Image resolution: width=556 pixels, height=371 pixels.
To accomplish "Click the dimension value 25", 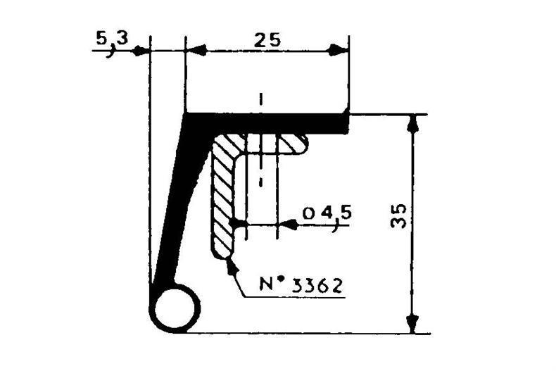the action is (267, 40).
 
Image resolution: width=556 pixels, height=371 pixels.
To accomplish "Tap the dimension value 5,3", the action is (111, 41).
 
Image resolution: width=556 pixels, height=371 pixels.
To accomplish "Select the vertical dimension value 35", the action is (398, 216).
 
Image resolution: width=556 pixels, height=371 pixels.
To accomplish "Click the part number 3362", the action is (317, 286).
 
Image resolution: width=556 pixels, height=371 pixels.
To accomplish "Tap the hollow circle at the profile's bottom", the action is (175, 308).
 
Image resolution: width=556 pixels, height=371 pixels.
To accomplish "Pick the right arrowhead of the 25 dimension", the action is (339, 51).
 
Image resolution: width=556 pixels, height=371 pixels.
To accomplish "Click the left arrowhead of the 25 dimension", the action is (196, 51).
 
